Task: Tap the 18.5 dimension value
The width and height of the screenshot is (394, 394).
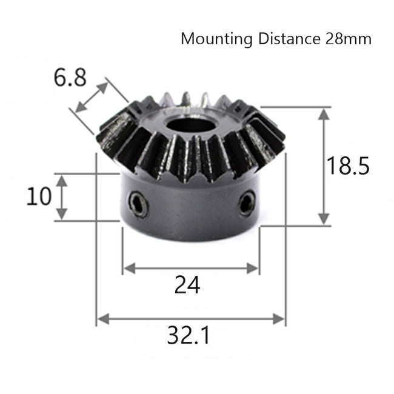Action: (x=349, y=165)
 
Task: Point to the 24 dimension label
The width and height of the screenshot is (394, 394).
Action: (x=187, y=284)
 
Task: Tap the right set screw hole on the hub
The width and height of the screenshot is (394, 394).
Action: (x=247, y=203)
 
